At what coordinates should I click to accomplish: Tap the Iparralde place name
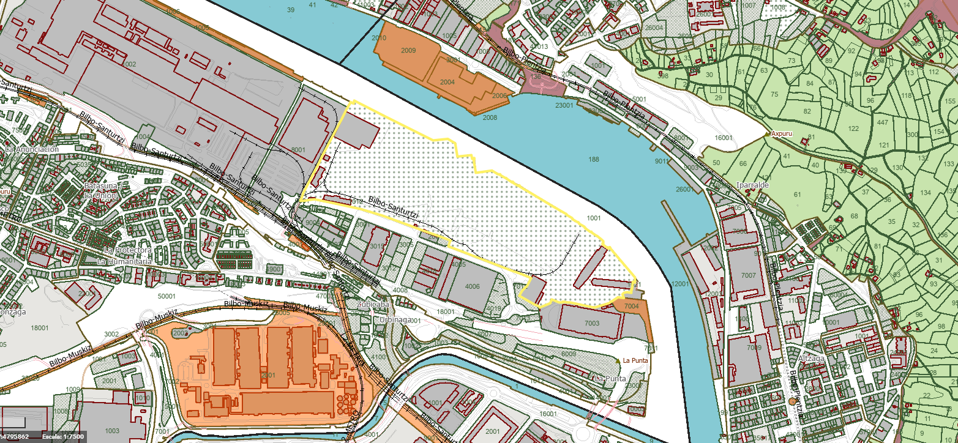tap(753, 184)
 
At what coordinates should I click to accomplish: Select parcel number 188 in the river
tap(593, 160)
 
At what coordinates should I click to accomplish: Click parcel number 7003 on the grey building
tap(592, 322)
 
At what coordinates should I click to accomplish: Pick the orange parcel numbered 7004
tap(632, 306)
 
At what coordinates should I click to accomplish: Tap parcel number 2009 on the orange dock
tap(408, 50)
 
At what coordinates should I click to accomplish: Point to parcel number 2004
tap(447, 81)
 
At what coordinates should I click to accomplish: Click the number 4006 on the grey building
tap(473, 286)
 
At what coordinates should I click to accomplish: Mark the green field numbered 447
tap(883, 123)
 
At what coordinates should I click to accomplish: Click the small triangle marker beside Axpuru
tap(768, 133)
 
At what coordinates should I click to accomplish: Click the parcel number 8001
tap(298, 150)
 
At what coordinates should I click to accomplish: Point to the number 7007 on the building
tap(749, 276)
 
